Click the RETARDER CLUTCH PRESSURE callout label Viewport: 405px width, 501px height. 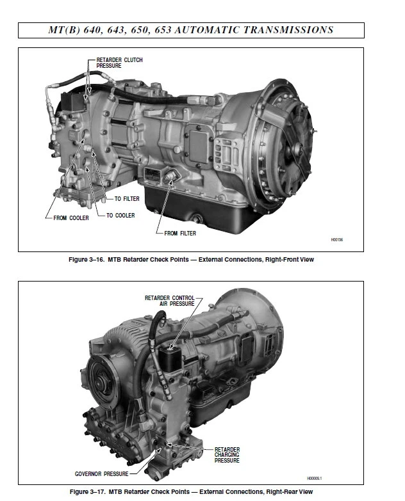119,62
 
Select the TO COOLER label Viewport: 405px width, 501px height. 120,216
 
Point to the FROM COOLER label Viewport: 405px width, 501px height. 71,218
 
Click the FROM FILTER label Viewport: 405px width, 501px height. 180,233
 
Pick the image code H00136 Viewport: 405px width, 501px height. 337,239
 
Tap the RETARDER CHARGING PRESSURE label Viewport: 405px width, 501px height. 227,455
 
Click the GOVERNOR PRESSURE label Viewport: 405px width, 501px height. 101,473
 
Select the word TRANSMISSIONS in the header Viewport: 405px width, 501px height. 293,29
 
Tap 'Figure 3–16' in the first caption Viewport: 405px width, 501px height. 87,260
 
